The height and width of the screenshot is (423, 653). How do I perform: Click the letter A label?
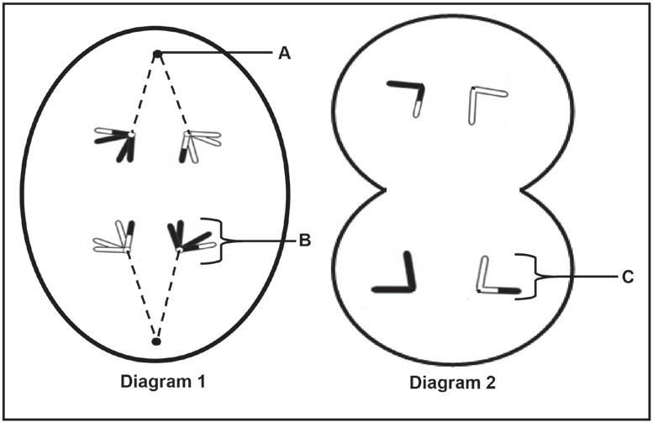284,53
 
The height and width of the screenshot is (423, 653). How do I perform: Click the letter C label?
629,276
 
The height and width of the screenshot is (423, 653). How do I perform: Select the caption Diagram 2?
453,383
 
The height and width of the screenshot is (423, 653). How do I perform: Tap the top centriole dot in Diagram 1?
157,55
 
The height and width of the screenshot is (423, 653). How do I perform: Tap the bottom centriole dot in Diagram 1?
155,341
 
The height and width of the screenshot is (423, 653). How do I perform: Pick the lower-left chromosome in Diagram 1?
117,238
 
